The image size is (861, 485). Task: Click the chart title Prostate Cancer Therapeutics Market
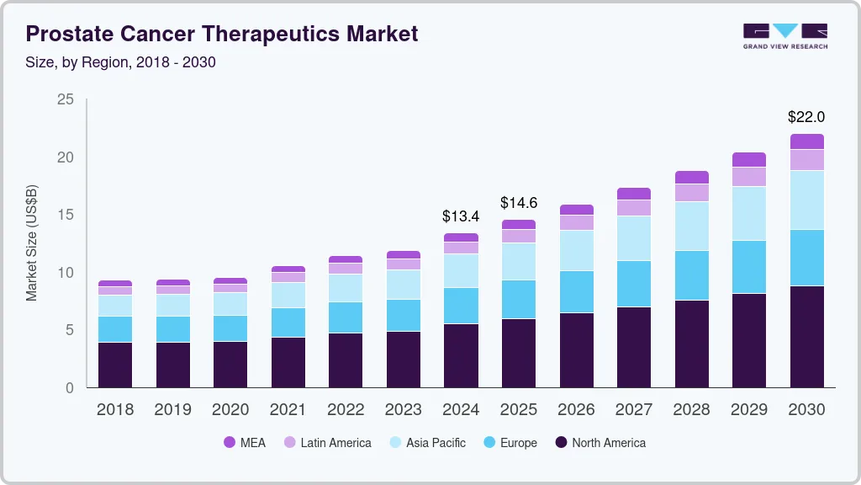click(x=222, y=34)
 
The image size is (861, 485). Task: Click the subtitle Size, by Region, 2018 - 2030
click(x=121, y=62)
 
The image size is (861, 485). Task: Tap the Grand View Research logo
click(x=784, y=35)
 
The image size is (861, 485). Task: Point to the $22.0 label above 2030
click(x=806, y=117)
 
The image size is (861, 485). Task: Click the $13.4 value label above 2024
click(x=461, y=216)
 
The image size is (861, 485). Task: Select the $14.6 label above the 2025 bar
click(x=519, y=203)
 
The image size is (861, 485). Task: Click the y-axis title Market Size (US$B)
click(x=32, y=243)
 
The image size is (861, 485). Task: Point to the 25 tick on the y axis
click(x=65, y=100)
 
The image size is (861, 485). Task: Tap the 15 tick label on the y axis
click(x=65, y=216)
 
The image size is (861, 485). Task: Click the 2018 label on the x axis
click(x=114, y=410)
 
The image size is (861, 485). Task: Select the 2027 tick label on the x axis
click(x=633, y=410)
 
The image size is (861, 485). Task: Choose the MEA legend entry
click(x=245, y=442)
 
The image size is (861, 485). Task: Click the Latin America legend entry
click(x=327, y=442)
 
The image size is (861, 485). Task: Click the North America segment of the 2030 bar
click(x=806, y=337)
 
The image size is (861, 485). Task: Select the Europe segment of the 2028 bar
click(x=691, y=275)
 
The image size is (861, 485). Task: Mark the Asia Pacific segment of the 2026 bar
click(x=576, y=250)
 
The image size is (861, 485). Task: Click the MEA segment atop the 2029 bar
click(x=748, y=159)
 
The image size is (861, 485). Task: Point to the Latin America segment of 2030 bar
click(x=806, y=160)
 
